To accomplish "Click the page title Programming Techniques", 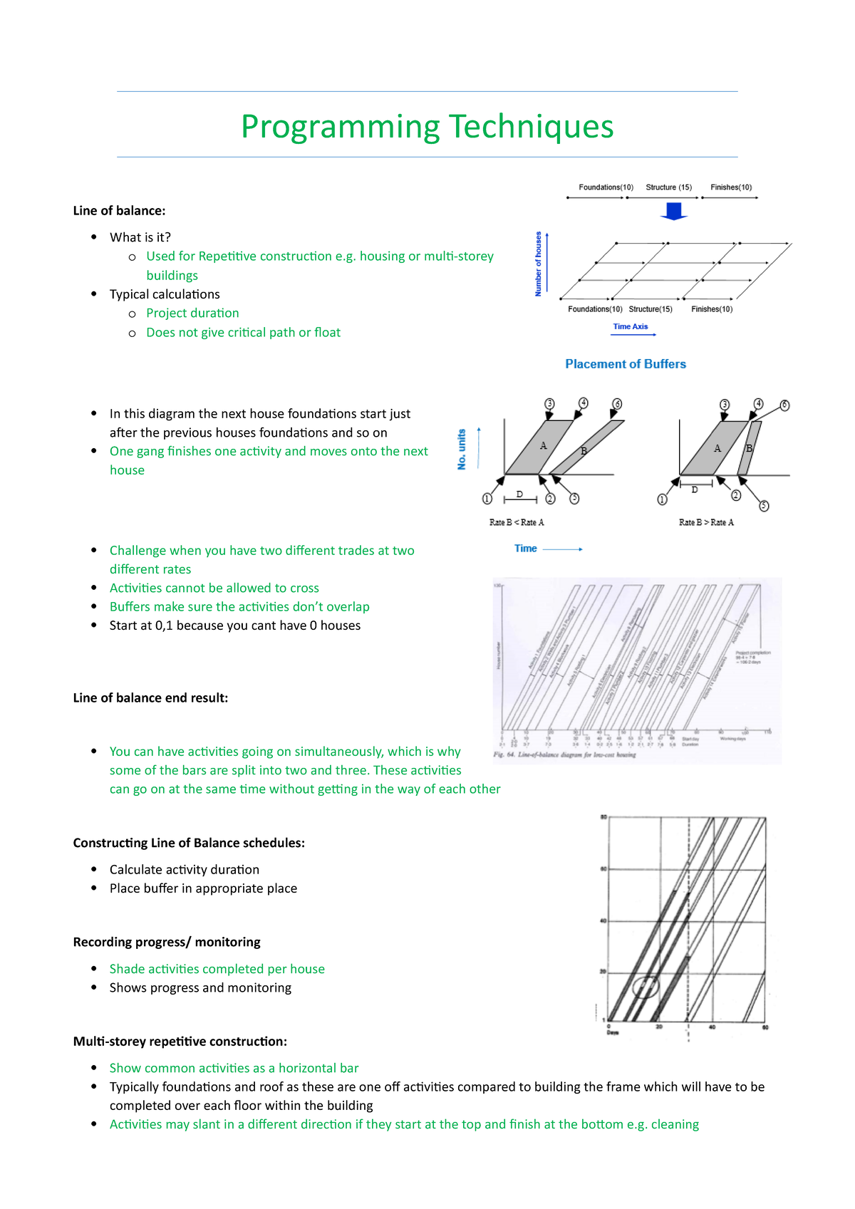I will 427,127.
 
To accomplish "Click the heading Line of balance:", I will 119,211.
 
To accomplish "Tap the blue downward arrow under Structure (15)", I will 673,212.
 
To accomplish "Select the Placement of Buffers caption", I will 625,364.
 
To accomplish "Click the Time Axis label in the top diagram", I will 631,327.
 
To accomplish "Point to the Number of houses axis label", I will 539,264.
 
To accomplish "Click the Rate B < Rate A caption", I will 517,523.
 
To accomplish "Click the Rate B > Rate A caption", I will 706,523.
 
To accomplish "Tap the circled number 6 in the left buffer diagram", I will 617,404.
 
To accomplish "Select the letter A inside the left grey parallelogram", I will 543,446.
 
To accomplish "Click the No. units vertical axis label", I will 462,449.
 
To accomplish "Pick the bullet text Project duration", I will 192,313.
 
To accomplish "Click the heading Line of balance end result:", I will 150,698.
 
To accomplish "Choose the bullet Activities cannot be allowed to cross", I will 214,588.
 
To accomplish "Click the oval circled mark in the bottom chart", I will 646,986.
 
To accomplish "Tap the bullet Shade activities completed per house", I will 217,969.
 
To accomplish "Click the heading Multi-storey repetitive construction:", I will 180,1042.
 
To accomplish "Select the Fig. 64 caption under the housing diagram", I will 564,754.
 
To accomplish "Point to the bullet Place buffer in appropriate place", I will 203,888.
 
